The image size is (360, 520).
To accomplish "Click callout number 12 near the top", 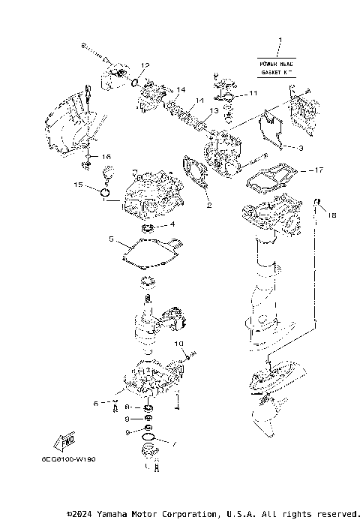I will [146, 65].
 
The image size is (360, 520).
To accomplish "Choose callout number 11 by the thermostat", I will [253, 93].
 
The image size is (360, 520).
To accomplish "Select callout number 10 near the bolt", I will [180, 344].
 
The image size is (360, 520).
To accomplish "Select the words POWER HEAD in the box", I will [277, 65].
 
